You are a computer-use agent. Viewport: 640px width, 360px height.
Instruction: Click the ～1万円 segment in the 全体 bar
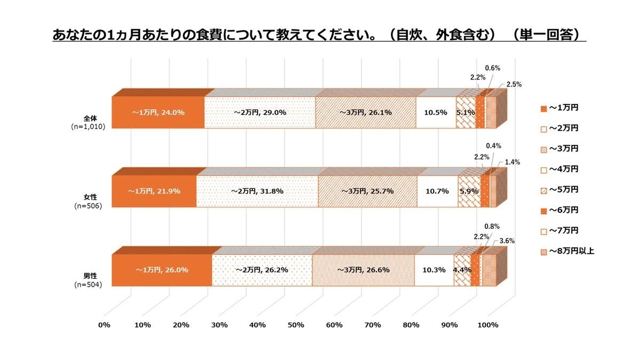pyautogui.click(x=158, y=113)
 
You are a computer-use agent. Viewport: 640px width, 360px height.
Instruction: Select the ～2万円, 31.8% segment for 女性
pyautogui.click(x=257, y=191)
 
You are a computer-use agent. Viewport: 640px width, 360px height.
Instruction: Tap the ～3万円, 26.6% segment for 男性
pyautogui.click(x=363, y=270)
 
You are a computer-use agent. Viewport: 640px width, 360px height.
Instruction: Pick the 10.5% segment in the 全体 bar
pyautogui.click(x=435, y=113)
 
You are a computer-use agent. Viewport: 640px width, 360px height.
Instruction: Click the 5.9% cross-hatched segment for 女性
pyautogui.click(x=469, y=191)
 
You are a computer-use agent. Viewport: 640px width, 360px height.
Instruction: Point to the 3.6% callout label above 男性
pyautogui.click(x=507, y=241)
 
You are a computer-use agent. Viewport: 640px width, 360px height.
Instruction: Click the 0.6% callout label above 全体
pyautogui.click(x=492, y=68)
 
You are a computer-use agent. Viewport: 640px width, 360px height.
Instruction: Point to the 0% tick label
pyautogui.click(x=104, y=325)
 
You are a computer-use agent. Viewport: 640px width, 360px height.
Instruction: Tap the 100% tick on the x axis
pyautogui.click(x=487, y=325)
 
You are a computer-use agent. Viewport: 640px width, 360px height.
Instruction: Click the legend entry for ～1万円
pyautogui.click(x=563, y=108)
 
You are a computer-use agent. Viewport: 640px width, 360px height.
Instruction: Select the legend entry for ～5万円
pyautogui.click(x=563, y=190)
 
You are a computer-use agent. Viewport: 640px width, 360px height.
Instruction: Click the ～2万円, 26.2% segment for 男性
pyautogui.click(x=261, y=270)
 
